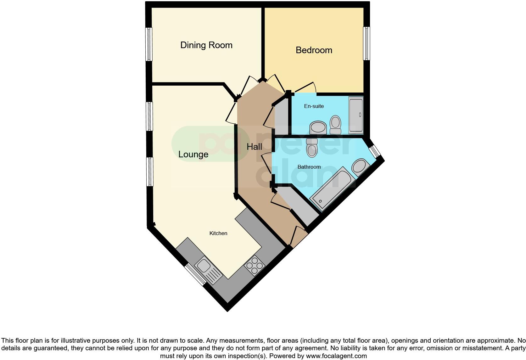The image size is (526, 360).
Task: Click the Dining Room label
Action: point(206,45)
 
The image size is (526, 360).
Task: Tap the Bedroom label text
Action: point(314,50)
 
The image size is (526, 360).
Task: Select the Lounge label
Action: point(193,155)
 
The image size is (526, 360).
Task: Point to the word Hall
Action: point(254,147)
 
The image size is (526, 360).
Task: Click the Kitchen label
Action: point(218,233)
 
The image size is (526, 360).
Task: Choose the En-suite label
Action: point(314,106)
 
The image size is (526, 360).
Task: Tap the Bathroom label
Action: point(309,167)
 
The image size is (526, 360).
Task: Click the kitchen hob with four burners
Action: point(255,266)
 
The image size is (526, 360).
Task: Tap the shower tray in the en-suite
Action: point(356,115)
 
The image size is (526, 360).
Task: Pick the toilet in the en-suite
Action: point(335,125)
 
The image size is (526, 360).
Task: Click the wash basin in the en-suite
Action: point(318,127)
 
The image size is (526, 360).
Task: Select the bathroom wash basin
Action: point(361,167)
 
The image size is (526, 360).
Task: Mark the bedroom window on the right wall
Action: point(367,43)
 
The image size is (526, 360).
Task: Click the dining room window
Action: point(149,44)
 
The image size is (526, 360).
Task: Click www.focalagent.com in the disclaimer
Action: point(336,356)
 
